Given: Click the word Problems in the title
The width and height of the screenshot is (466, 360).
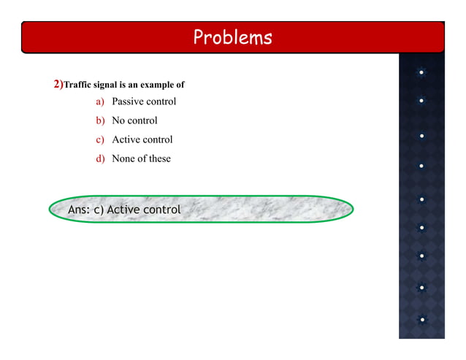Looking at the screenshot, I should point(232,37).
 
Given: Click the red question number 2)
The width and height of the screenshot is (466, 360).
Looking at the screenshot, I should point(58,85).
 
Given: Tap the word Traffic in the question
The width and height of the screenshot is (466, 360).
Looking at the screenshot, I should point(79,85).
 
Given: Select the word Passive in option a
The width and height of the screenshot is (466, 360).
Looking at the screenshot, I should point(127,102).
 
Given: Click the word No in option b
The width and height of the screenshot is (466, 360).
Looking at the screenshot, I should point(118,120).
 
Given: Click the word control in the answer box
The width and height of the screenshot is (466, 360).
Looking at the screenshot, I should point(161,210).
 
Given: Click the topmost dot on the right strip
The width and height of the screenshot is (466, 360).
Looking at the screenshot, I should point(422,72).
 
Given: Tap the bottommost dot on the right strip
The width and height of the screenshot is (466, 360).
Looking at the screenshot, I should point(422,319).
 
